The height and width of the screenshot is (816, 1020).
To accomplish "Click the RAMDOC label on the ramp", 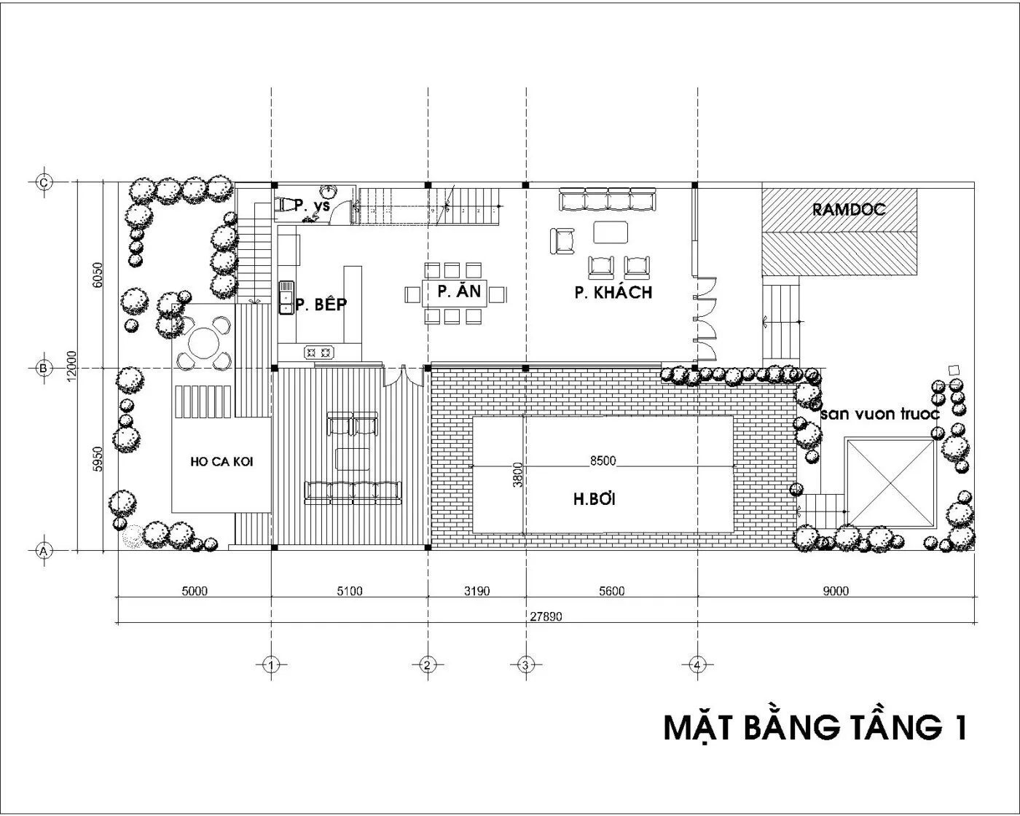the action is pos(848,210).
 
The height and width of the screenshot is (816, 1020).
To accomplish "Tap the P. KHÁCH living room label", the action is pos(613,293).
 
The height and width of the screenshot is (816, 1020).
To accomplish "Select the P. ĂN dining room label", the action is pos(459,291).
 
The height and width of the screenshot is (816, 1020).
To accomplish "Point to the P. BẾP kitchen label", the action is pos(321,304).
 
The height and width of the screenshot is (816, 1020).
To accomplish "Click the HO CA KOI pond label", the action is pos(221,462).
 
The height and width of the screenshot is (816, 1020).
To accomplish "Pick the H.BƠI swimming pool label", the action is pos(595,499).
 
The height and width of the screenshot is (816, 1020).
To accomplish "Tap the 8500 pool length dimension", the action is pos(603,460).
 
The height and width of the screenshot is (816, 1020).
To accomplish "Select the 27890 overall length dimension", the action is pos(546,617).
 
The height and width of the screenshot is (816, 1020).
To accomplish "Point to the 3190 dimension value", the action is pos(476,592).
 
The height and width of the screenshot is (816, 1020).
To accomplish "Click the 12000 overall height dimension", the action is pos(71,366).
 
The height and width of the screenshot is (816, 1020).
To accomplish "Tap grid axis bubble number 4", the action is pos(697,665).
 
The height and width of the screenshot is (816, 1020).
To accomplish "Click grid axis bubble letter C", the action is pos(44,182).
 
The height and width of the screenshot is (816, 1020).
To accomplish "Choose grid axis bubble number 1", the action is pos(271,665).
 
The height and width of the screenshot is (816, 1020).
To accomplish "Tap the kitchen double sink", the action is pos(286,297).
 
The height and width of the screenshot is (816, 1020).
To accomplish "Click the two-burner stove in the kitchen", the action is pos(318,353).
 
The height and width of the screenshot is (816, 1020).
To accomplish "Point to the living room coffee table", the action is pos(611,232).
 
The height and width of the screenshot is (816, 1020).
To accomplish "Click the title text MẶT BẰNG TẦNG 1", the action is pos(815,727).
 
